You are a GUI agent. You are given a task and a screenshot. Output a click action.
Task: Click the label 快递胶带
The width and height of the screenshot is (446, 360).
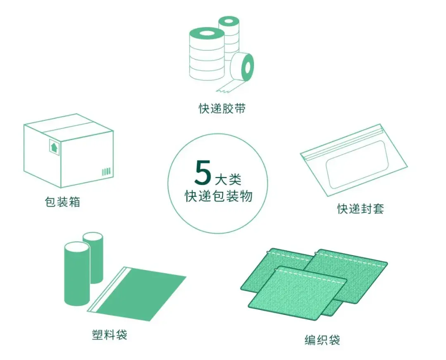pyautogui.click(x=222, y=109)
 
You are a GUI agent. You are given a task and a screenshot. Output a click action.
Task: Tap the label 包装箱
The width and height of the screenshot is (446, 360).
pyautogui.click(x=63, y=202)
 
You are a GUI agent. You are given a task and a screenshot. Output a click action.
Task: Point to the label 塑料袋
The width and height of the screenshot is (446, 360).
pyautogui.click(x=109, y=334)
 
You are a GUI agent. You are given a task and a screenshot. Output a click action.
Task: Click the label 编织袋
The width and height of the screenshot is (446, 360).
pyautogui.click(x=322, y=340)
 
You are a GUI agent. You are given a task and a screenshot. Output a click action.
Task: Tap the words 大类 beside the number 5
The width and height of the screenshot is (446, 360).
pyautogui.click(x=228, y=179)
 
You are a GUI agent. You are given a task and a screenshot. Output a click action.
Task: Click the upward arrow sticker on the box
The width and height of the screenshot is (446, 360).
pyautogui.click(x=54, y=146)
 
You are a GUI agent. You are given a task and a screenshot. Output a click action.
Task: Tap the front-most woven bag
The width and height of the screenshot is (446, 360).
pyautogui.click(x=297, y=291)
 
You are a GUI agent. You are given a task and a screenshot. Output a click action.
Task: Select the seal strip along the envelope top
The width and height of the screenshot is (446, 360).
pyautogui.click(x=343, y=143)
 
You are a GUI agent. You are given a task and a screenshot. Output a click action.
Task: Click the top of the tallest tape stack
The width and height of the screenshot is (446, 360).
pyautogui.click(x=230, y=21)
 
